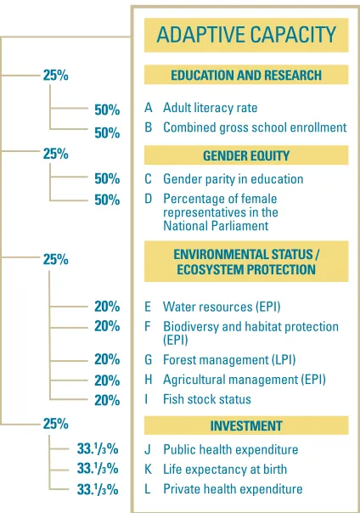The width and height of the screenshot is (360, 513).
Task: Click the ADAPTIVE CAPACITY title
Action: (x=246, y=35)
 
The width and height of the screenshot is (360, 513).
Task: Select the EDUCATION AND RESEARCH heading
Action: (x=246, y=76)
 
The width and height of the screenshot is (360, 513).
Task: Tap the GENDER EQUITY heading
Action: (x=246, y=155)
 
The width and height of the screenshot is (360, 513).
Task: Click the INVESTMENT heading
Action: (x=246, y=426)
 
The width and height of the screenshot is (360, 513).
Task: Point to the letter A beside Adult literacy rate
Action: (x=149, y=108)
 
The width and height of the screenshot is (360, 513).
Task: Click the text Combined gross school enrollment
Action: (x=255, y=127)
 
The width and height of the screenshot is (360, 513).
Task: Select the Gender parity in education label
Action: (x=233, y=179)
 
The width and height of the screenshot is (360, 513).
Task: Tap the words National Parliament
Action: (x=216, y=226)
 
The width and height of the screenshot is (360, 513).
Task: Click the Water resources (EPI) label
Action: (x=222, y=307)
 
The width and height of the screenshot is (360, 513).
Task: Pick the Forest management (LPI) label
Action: (x=229, y=360)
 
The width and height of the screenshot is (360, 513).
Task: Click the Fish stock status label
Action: (x=207, y=399)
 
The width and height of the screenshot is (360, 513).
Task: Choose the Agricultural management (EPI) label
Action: (x=245, y=380)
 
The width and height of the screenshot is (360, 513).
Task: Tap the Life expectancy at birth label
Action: (x=225, y=469)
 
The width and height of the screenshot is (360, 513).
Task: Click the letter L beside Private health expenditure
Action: (x=148, y=488)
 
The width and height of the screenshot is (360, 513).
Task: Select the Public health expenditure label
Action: (x=230, y=449)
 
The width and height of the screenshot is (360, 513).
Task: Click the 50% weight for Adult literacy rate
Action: (x=107, y=110)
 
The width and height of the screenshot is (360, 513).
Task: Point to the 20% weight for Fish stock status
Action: (x=107, y=400)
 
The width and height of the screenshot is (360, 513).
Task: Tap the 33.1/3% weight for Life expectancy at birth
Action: (x=98, y=469)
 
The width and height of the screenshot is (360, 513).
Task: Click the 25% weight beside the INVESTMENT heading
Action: (x=55, y=424)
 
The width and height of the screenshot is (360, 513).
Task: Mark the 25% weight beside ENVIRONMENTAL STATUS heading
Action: (x=55, y=259)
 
